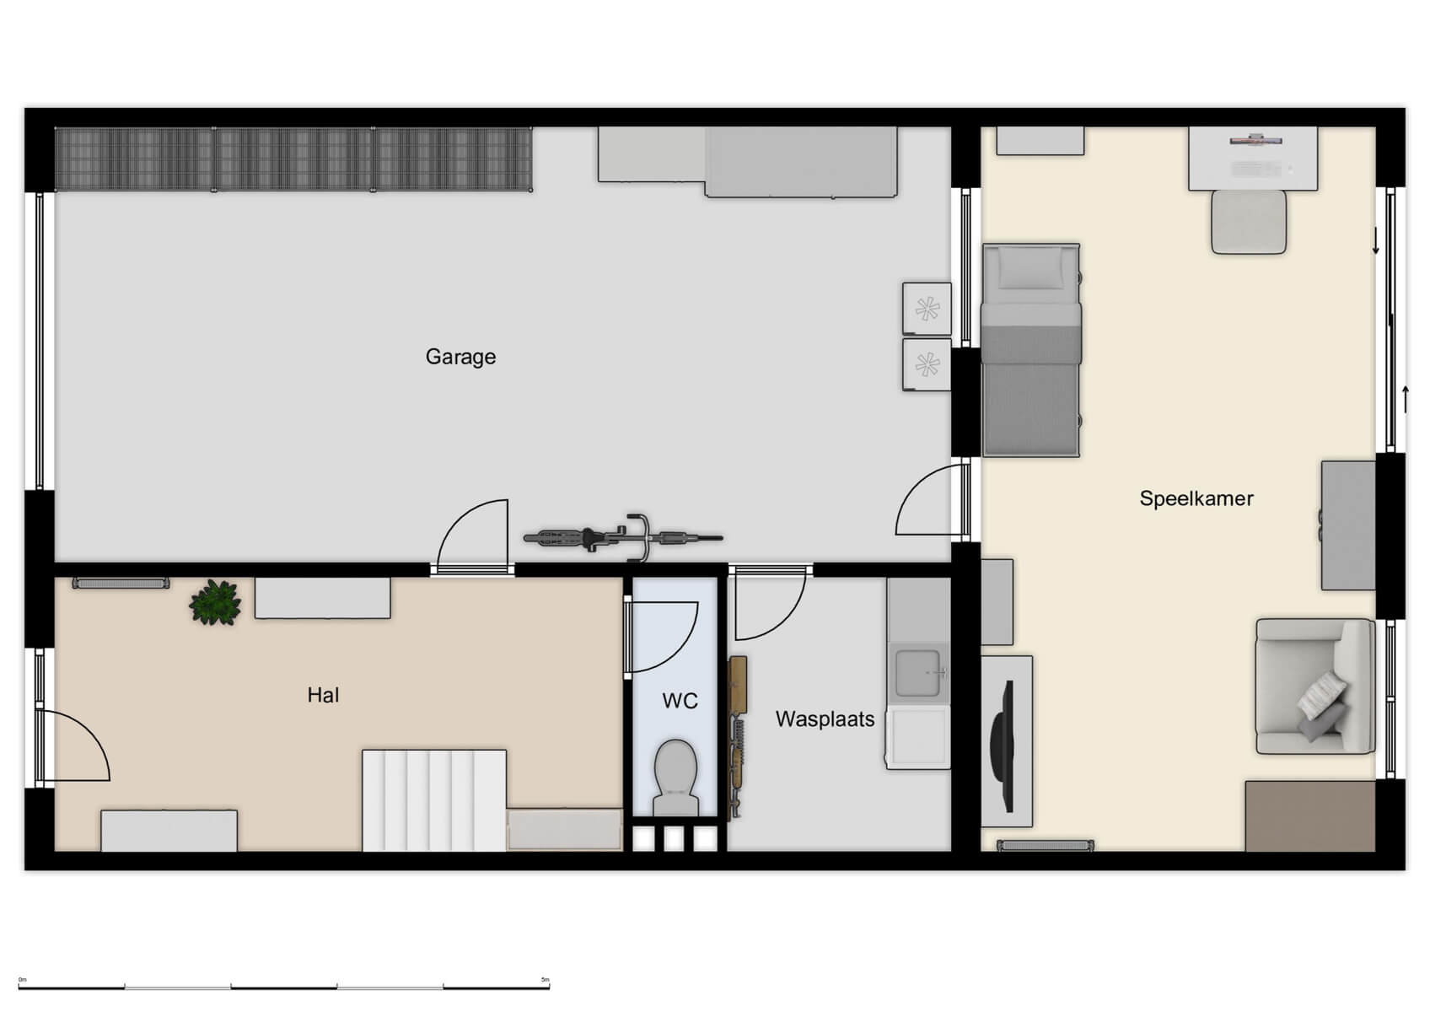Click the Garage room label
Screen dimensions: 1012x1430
460,357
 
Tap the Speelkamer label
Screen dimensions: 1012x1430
1196,498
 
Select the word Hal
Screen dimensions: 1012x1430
323,695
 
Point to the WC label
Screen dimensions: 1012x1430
680,701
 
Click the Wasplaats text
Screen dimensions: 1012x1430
825,719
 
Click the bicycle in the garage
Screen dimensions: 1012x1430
622,537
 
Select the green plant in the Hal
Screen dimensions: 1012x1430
216,602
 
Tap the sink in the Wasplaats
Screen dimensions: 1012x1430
918,673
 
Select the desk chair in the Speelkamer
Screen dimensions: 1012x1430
1248,222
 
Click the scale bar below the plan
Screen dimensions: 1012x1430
283,986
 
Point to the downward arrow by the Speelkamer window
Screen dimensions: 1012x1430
1376,241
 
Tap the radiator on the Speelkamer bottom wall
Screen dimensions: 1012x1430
1045,845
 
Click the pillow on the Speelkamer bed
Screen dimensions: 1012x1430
1029,270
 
